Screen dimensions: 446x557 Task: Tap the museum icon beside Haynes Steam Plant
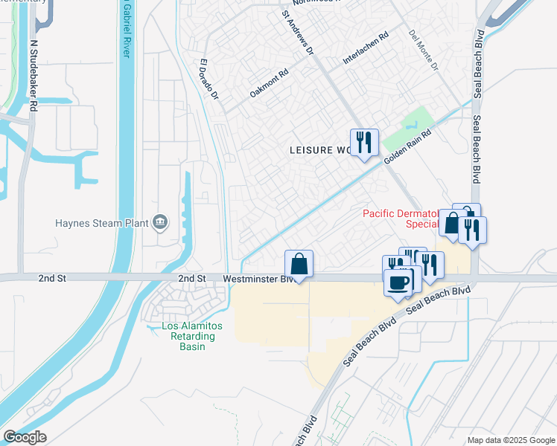pos(159,222)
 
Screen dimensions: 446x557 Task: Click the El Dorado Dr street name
pos(209,80)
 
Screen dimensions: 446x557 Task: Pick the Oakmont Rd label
pos(269,83)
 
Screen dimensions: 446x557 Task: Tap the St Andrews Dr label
pos(299,32)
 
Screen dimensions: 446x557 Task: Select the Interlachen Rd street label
pos(366,49)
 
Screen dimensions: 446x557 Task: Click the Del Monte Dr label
pos(423,51)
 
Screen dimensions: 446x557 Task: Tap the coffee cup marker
pos(398,282)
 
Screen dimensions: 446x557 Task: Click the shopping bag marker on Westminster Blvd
pos(299,263)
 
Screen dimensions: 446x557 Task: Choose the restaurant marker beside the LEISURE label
pos(364,142)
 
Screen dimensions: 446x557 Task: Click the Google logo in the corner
pos(25,437)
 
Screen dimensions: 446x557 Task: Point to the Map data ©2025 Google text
pos(510,440)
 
